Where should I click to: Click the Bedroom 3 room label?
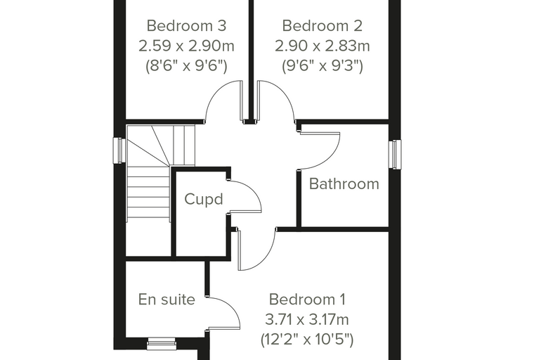pyautogui.click(x=186, y=26)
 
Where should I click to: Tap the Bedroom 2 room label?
pyautogui.click(x=323, y=26)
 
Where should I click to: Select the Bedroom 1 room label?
pyautogui.click(x=307, y=300)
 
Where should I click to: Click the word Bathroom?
pyautogui.click(x=344, y=184)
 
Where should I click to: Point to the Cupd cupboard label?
pyautogui.click(x=204, y=199)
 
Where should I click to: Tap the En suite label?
pyautogui.click(x=167, y=300)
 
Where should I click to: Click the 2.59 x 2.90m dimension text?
pyautogui.click(x=186, y=46)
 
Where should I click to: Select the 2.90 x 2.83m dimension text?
pyautogui.click(x=323, y=46)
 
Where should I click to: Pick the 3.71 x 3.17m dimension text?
pyautogui.click(x=307, y=320)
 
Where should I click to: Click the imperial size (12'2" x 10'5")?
pyautogui.click(x=307, y=340)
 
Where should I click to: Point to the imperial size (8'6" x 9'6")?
pyautogui.click(x=186, y=66)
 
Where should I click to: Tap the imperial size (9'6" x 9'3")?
pyautogui.click(x=323, y=66)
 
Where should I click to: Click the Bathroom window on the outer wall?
pyautogui.click(x=394, y=155)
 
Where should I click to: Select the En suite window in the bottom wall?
pyautogui.click(x=162, y=344)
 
